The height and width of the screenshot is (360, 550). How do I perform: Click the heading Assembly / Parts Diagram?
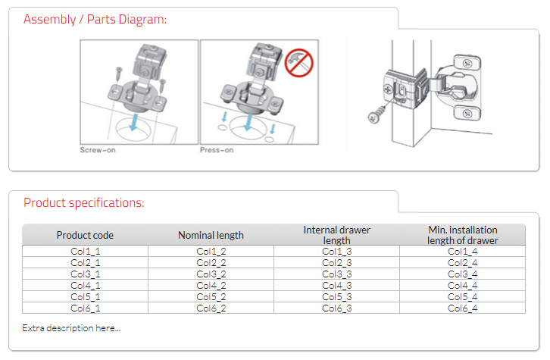[x=95, y=19]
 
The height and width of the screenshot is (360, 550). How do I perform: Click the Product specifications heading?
[x=83, y=202]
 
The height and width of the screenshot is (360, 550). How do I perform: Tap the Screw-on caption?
[x=98, y=150]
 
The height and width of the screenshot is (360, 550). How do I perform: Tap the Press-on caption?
[x=217, y=150]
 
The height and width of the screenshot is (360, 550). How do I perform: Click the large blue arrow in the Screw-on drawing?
[x=134, y=122]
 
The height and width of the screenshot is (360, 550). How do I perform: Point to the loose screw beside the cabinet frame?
[x=374, y=115]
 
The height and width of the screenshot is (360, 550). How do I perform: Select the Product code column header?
[x=85, y=235]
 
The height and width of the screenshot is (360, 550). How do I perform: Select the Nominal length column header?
[x=211, y=235]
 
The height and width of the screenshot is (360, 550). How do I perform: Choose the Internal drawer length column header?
[x=336, y=235]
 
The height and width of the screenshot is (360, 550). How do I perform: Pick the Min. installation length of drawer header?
[x=462, y=235]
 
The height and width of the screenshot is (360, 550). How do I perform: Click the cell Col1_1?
[x=85, y=251]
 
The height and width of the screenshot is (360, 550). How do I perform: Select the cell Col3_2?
[x=211, y=274]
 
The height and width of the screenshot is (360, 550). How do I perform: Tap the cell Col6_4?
[x=462, y=308]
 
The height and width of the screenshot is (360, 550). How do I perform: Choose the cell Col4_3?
[x=336, y=285]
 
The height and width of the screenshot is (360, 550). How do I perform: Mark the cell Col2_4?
[x=462, y=262]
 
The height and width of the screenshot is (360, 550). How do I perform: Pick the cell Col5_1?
[x=85, y=296]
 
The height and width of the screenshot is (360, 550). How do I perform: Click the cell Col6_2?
[x=211, y=308]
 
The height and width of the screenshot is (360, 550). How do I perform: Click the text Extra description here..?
[x=71, y=327]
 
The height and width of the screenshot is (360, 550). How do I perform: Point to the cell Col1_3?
[x=336, y=251]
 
